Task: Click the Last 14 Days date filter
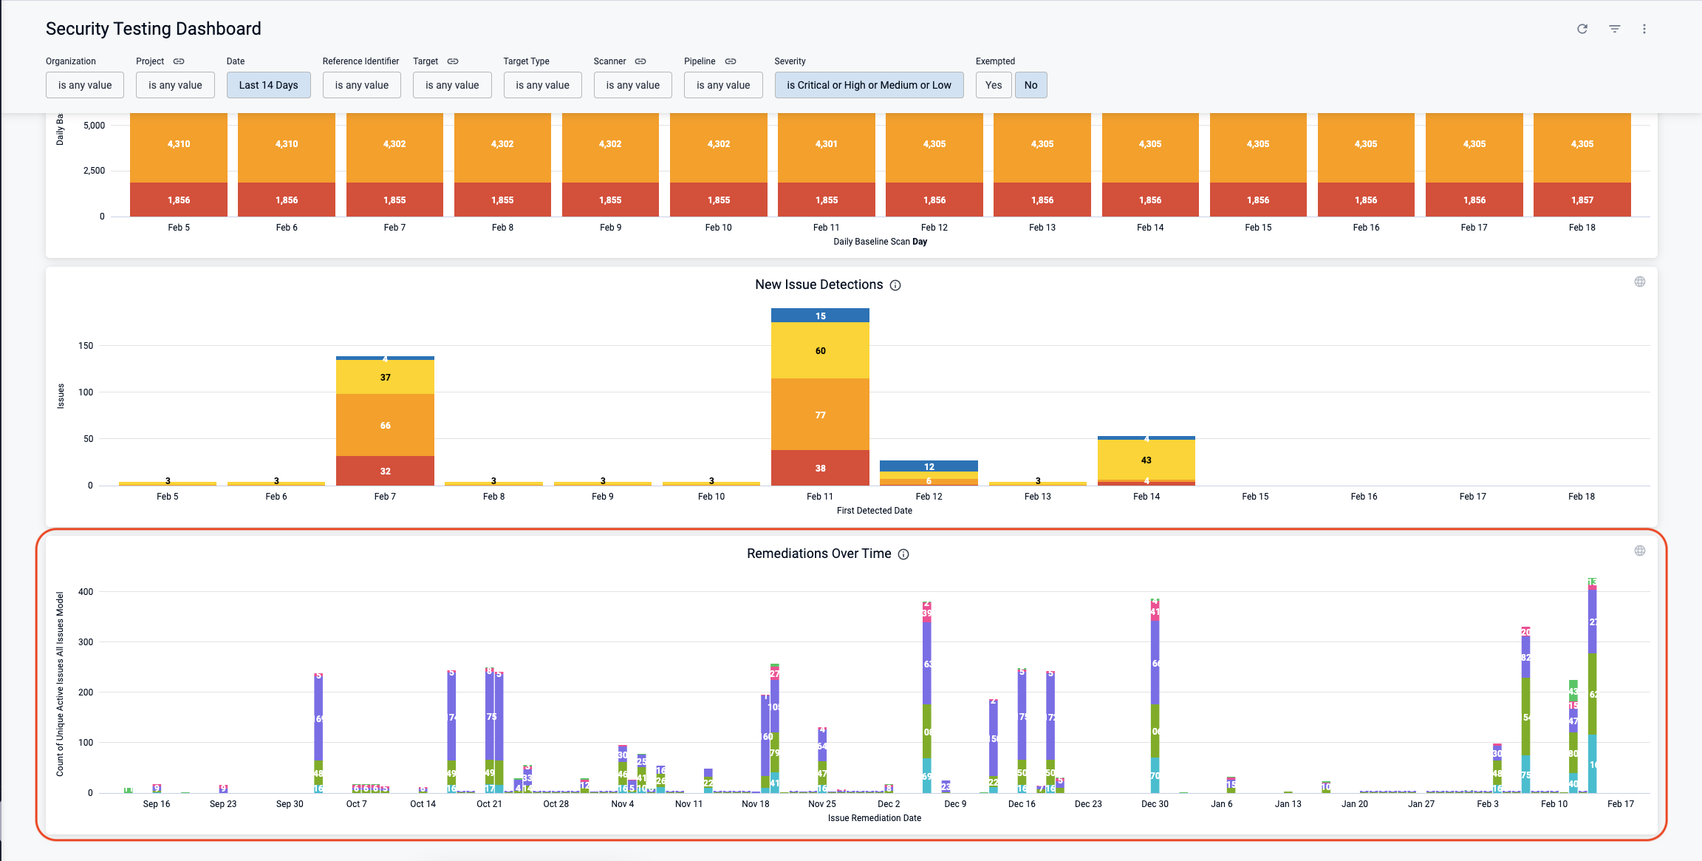tap(268, 85)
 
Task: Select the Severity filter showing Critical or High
tap(868, 85)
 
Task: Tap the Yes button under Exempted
tap(994, 85)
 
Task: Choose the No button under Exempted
tap(1031, 85)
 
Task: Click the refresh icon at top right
tap(1582, 29)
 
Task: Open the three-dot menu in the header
tap(1644, 29)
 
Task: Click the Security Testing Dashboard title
tap(154, 29)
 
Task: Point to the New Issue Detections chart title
tap(818, 285)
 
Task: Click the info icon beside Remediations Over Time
tap(903, 554)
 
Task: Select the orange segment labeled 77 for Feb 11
tap(820, 415)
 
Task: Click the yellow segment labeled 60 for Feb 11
tap(820, 350)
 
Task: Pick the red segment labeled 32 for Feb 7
tap(385, 471)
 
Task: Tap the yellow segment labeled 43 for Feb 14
tap(1146, 460)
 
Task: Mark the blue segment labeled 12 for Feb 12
tap(929, 466)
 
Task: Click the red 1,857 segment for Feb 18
tap(1582, 200)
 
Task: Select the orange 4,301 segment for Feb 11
tap(826, 144)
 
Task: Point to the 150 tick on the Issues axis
tap(86, 345)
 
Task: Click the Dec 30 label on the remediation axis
tap(1155, 804)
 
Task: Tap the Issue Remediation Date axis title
tap(874, 818)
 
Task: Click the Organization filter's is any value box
tap(85, 85)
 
